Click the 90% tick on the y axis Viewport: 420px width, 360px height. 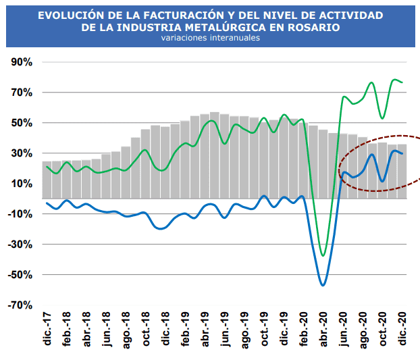tap(20, 62)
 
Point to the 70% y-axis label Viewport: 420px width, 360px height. tap(20, 93)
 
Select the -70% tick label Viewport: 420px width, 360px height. tap(19, 305)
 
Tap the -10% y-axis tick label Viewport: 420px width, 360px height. tap(19, 214)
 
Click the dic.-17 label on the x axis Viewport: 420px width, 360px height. tap(47, 330)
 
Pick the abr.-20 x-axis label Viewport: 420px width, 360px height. tap(323, 330)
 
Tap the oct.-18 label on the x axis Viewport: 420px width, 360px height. tap(145, 330)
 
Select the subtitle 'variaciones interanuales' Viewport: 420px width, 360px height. tap(210, 38)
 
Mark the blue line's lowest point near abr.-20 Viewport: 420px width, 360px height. tap(323, 285)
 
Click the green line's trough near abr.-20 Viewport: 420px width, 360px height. tap(323, 255)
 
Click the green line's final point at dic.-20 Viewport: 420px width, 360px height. tap(402, 82)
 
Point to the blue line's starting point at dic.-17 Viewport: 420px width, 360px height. tap(47, 203)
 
